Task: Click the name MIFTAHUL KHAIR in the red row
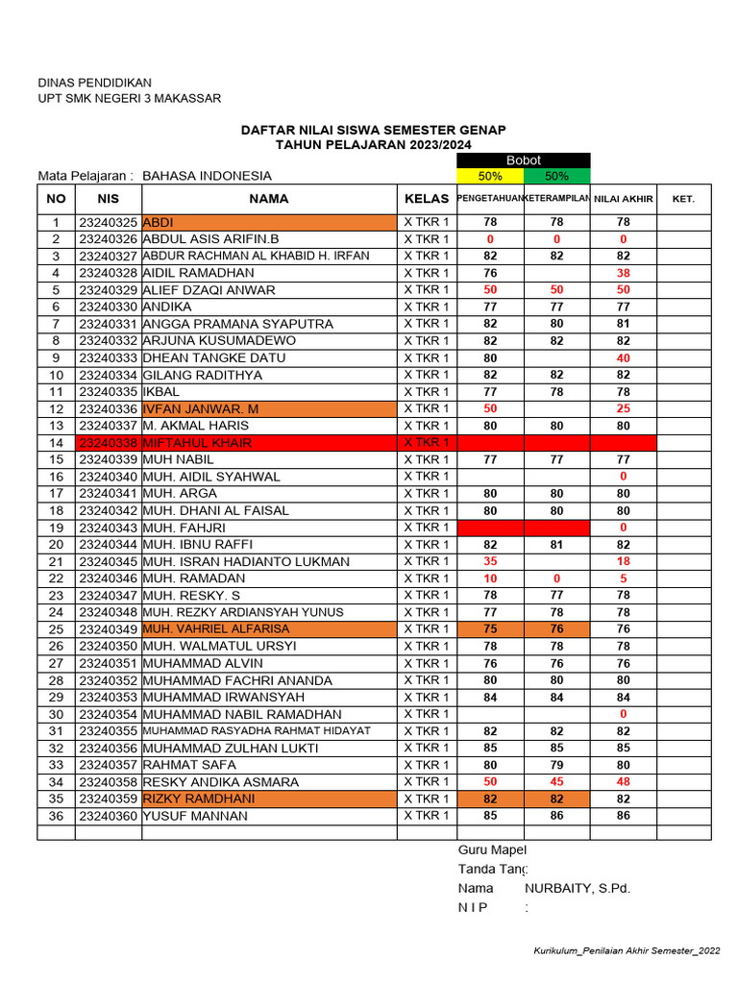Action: pyautogui.click(x=197, y=443)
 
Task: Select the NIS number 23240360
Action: pyautogui.click(x=109, y=817)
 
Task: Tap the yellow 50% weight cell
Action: pyautogui.click(x=490, y=176)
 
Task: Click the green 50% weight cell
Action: pyautogui.click(x=556, y=176)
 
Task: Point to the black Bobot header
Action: pyautogui.click(x=524, y=160)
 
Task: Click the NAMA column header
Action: pyautogui.click(x=269, y=199)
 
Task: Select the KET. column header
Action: pyautogui.click(x=684, y=200)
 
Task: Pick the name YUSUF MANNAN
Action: pyautogui.click(x=195, y=817)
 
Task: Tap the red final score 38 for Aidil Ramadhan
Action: pyautogui.click(x=623, y=273)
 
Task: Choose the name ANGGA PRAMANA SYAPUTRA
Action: pyautogui.click(x=237, y=324)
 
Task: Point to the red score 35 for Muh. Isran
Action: pyautogui.click(x=490, y=561)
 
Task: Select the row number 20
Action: pyautogui.click(x=57, y=545)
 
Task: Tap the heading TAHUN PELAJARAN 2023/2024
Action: pyautogui.click(x=373, y=144)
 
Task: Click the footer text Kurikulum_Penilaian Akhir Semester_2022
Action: pyautogui.click(x=627, y=950)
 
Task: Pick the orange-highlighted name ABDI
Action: pyautogui.click(x=158, y=222)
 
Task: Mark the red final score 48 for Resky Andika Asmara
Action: pyautogui.click(x=623, y=782)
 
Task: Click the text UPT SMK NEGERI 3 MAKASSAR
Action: pyautogui.click(x=129, y=98)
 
